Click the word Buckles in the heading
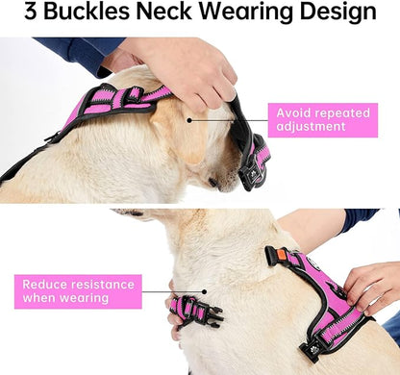click(x=81, y=13)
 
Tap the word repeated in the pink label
click(x=344, y=112)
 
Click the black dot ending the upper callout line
click(x=190, y=121)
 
